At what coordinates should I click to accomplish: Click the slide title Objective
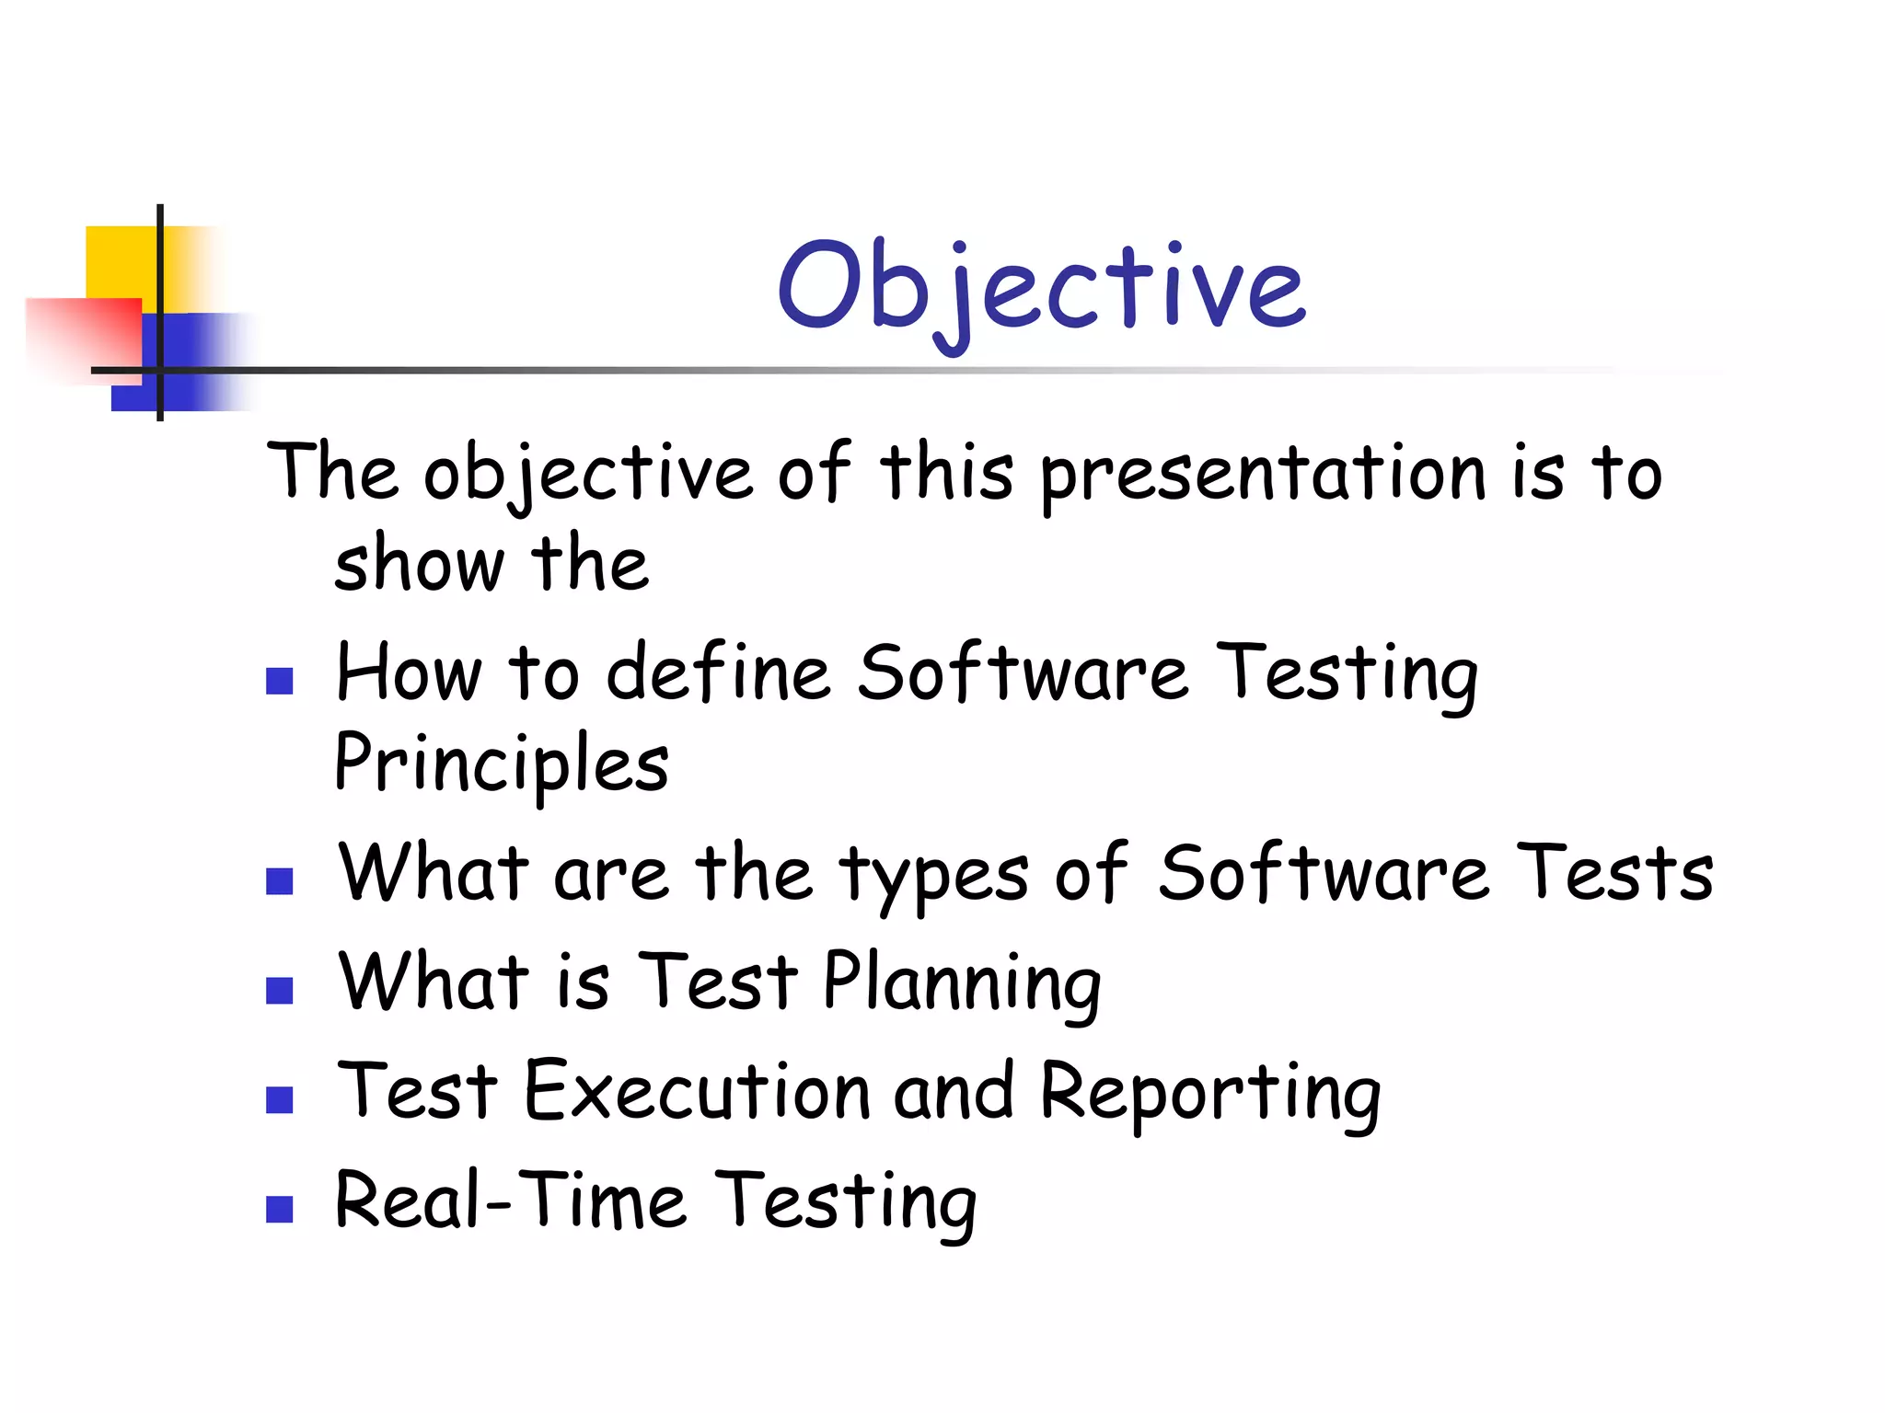(x=1041, y=286)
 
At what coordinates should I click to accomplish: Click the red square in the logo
(x=83, y=336)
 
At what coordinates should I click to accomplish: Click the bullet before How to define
(x=279, y=681)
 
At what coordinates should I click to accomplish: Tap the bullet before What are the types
(x=279, y=881)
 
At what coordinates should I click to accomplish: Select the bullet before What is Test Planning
(x=279, y=990)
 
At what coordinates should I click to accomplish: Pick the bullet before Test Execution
(x=279, y=1099)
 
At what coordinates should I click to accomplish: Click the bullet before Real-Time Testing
(x=279, y=1208)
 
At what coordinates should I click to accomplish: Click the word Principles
(x=502, y=764)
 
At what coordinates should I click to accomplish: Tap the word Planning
(x=962, y=982)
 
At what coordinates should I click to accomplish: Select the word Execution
(x=698, y=1092)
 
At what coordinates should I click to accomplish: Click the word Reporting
(x=1210, y=1094)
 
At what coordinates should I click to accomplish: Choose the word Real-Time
(x=511, y=1200)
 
